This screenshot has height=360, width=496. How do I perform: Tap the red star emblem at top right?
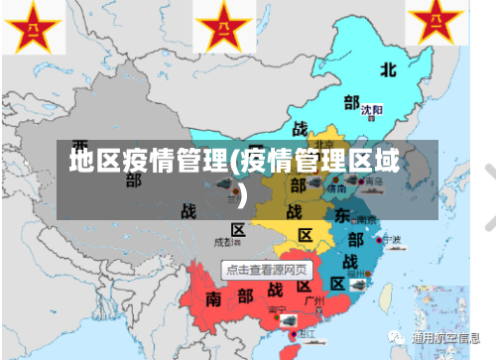click(x=435, y=24)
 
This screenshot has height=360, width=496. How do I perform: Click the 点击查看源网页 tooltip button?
click(x=266, y=269)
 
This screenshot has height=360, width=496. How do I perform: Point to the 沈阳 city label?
click(x=371, y=110)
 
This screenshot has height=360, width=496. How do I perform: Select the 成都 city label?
click(x=224, y=241)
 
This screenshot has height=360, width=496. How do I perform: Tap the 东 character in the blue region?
click(x=340, y=216)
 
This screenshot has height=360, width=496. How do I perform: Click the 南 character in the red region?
click(x=214, y=298)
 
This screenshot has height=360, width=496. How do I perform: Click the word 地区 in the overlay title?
click(x=94, y=160)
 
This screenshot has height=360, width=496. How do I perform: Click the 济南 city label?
click(x=337, y=184)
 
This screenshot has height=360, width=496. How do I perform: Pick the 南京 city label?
click(x=367, y=219)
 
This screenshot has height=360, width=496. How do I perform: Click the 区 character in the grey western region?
click(x=237, y=230)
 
